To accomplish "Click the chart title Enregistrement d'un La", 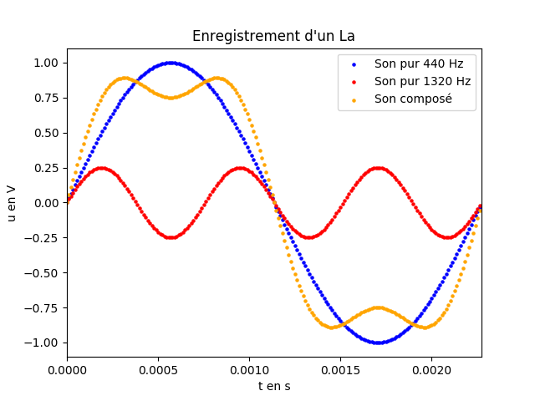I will pos(273,36).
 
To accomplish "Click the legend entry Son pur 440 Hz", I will pos(419,63).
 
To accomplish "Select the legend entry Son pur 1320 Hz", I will pos(422,81).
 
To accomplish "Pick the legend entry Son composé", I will pos(413,99).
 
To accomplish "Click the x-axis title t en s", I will pos(273,386).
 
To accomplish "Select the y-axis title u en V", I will pos(12,203).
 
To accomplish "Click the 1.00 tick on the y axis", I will pos(44,63).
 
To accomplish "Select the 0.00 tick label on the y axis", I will pos(44,203).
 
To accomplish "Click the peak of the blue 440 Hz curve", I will pos(171,63).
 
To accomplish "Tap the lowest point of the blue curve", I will pos(378,343).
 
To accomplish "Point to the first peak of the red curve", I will pos(101,168).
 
